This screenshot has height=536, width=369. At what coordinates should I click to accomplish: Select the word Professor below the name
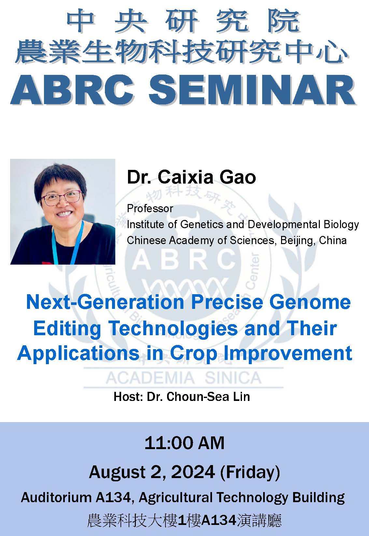coord(150,208)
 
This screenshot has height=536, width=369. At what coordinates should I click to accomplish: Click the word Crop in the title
coord(193,353)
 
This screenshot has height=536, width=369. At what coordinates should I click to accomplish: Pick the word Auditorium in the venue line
coord(56,498)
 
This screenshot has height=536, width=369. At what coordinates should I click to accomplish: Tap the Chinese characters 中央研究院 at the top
coord(183,22)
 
